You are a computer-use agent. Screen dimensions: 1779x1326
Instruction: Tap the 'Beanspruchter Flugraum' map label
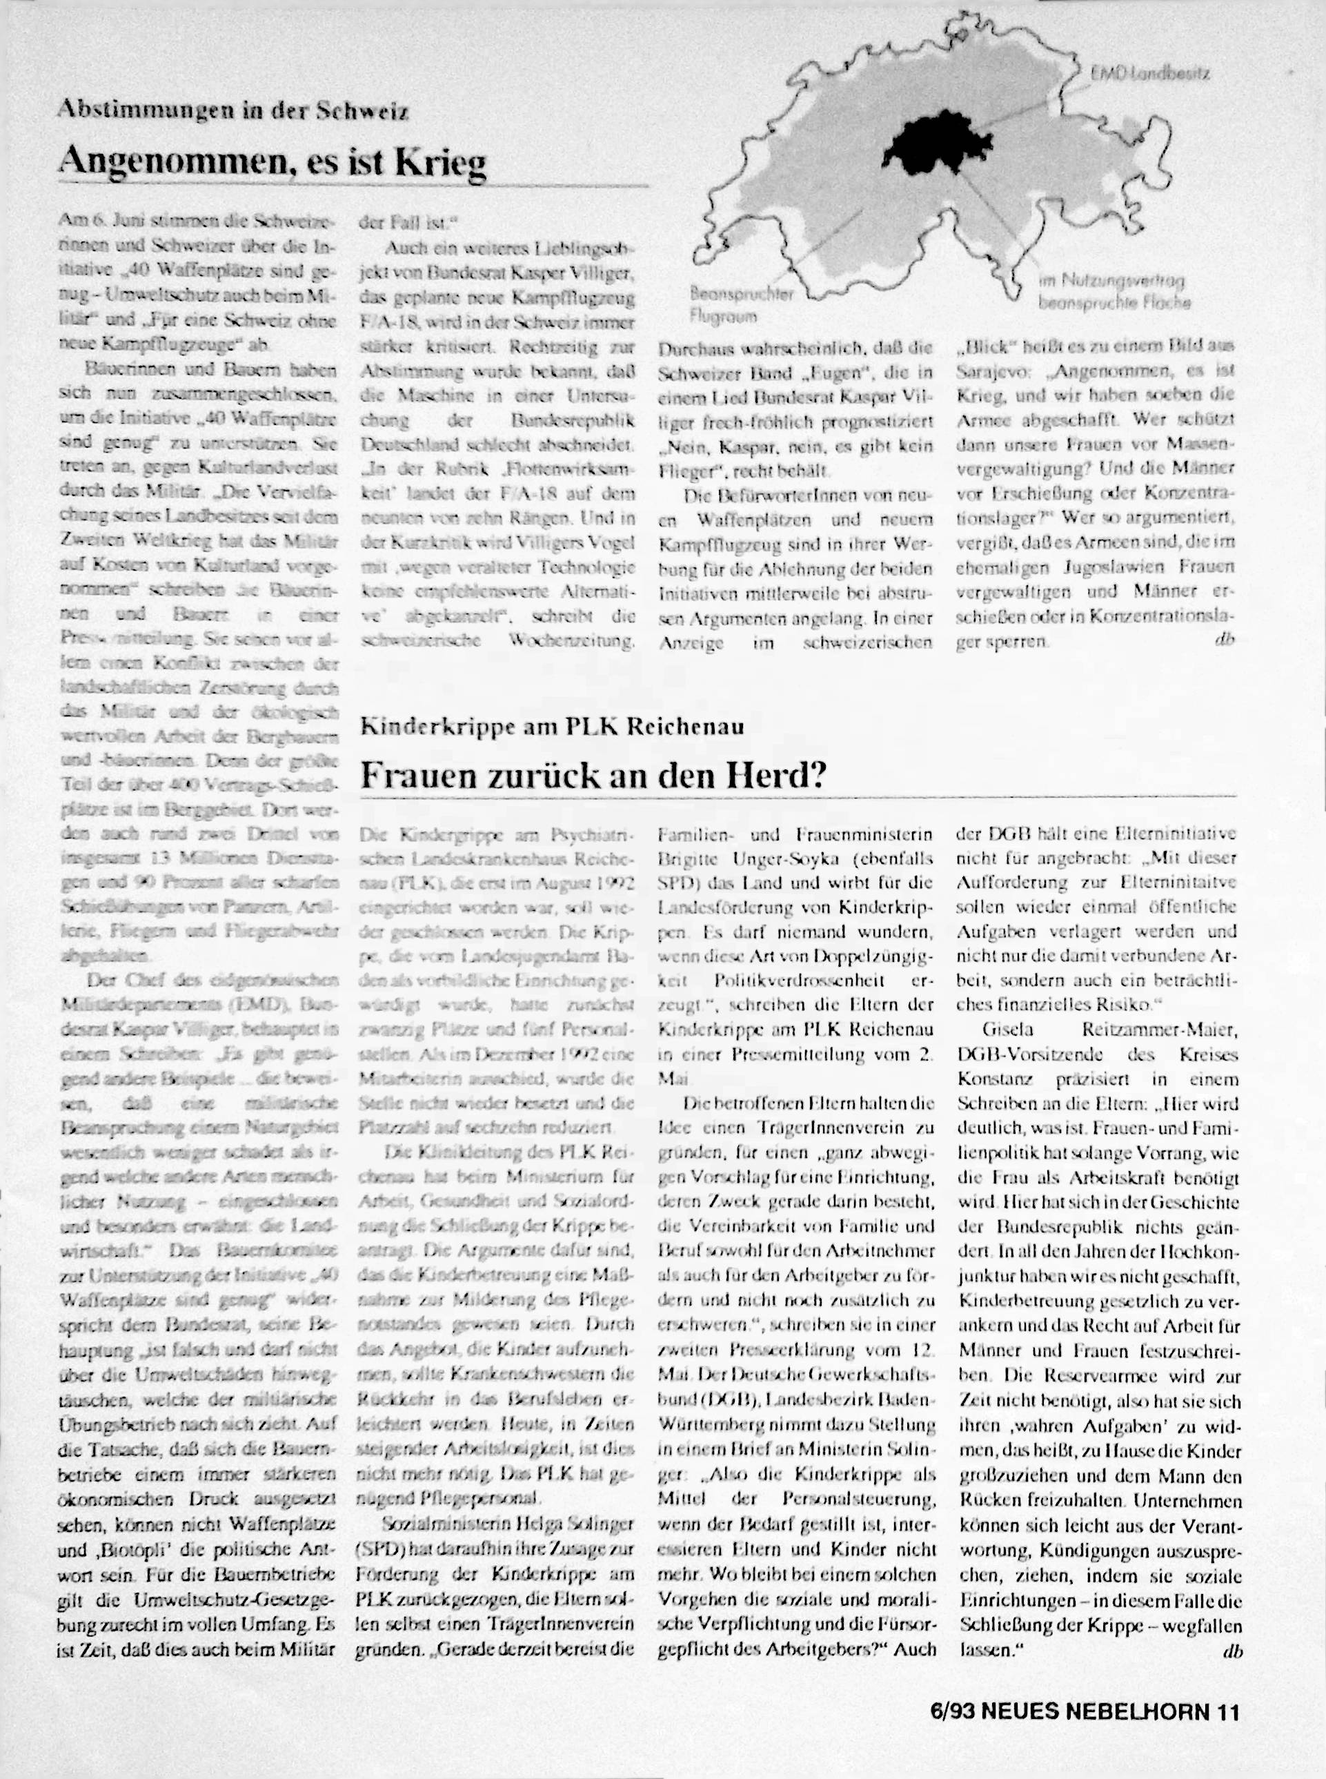(742, 305)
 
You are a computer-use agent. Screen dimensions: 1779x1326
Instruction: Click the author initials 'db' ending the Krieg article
(1227, 640)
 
